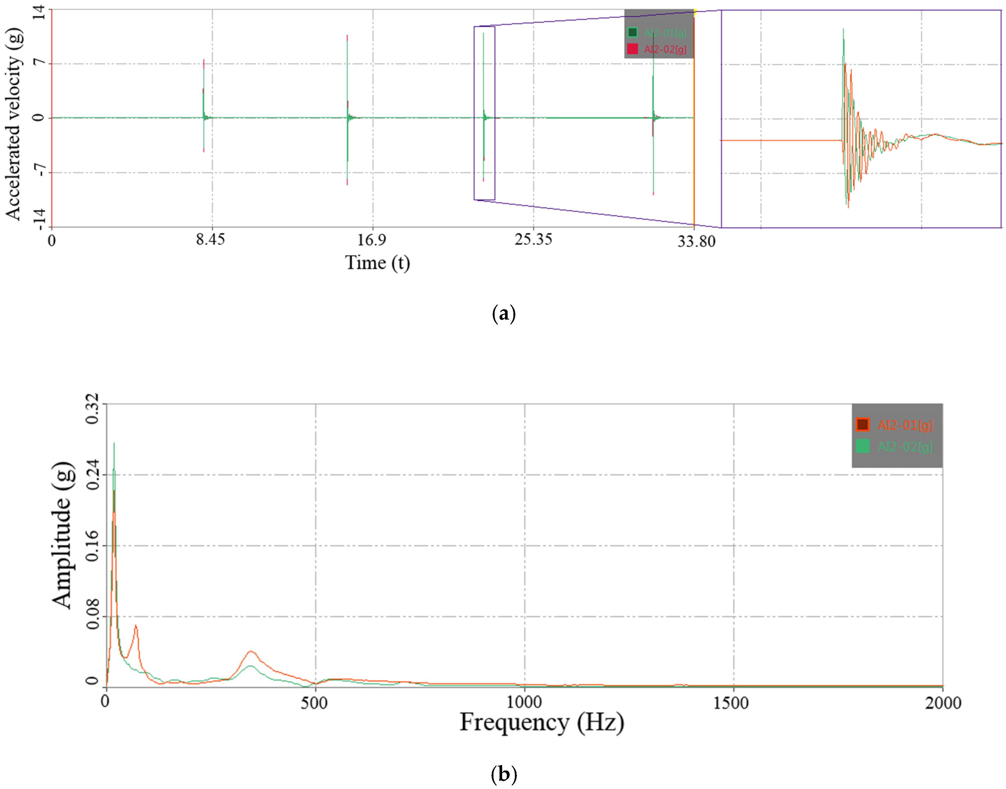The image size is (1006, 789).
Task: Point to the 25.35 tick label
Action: [533, 239]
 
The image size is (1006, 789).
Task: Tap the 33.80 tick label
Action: [696, 241]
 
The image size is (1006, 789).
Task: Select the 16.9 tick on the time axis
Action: [372, 240]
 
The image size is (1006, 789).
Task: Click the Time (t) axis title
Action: [377, 263]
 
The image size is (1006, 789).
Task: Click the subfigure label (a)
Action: [503, 314]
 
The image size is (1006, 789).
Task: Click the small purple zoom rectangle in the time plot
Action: [484, 113]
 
